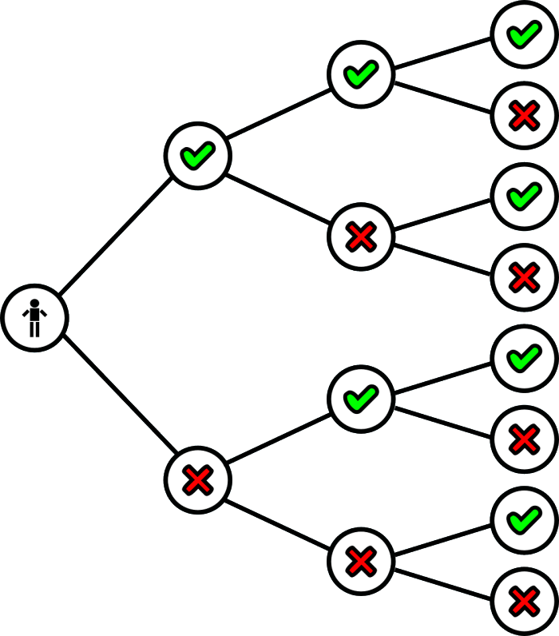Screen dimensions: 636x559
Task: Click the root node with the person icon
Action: click(34, 317)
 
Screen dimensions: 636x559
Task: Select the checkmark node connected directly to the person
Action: click(197, 155)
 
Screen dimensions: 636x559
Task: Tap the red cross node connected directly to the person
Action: click(197, 479)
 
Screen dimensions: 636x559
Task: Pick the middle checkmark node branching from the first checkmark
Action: click(360, 74)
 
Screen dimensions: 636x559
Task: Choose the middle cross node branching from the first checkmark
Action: click(360, 237)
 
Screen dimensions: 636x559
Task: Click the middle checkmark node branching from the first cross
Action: click(360, 398)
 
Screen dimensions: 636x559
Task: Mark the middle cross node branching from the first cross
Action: click(360, 561)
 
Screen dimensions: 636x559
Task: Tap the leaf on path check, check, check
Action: click(524, 34)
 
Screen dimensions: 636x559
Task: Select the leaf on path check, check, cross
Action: click(524, 116)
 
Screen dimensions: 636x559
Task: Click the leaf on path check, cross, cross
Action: click(524, 277)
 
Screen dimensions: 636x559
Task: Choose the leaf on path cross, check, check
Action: click(524, 358)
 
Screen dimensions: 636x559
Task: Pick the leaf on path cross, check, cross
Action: click(524, 439)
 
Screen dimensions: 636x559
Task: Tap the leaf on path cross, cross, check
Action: click(524, 520)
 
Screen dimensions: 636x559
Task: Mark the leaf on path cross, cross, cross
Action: click(524, 601)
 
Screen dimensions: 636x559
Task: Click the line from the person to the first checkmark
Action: click(116, 237)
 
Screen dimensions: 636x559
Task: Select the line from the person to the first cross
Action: click(116, 399)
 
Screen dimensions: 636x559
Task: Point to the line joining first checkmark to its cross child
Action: click(279, 196)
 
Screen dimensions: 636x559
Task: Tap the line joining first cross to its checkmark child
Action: click(279, 439)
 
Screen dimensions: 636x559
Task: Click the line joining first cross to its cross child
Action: click(279, 520)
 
